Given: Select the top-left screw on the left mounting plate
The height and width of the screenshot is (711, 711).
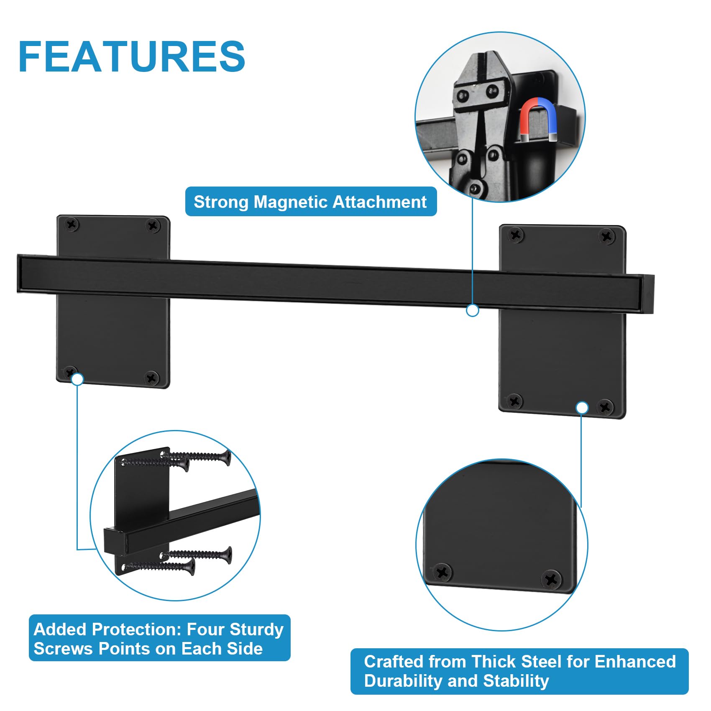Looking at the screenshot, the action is point(72,225).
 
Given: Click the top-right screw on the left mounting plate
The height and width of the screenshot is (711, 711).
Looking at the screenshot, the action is point(153,226).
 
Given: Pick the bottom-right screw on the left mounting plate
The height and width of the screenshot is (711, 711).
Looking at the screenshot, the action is point(151,378).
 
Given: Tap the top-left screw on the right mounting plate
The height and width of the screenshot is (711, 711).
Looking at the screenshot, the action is point(516,235).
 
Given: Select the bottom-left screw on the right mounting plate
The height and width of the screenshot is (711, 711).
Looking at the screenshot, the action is point(514,402).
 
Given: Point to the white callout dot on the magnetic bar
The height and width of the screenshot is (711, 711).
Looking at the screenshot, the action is point(473,310).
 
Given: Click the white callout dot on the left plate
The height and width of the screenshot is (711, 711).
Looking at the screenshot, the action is point(77,379).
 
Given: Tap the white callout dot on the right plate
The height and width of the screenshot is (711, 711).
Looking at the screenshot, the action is point(582,407).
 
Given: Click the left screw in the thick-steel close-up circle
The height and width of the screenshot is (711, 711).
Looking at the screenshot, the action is point(442,572).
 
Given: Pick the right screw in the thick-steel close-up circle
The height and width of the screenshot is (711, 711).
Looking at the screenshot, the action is point(551,579).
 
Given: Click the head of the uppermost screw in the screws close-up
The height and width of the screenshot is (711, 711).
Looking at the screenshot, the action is point(226,458).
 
